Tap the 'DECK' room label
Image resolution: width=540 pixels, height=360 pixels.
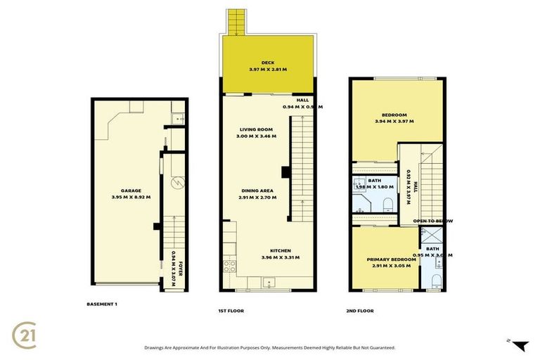(x=267, y=62)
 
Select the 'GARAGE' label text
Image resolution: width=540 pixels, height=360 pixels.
(x=131, y=191)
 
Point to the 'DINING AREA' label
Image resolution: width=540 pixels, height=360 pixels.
(x=255, y=191)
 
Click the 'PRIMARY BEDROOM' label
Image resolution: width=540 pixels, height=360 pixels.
(x=387, y=259)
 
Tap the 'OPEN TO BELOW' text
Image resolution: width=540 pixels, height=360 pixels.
(x=433, y=221)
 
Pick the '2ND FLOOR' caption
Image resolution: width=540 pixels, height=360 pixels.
(x=360, y=310)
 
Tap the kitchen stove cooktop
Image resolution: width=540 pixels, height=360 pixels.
(x=229, y=268)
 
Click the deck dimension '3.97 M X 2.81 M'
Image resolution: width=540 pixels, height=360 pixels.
(x=267, y=70)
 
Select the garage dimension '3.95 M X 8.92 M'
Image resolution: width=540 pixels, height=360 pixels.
(x=131, y=198)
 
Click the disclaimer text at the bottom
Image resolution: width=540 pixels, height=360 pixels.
(x=269, y=347)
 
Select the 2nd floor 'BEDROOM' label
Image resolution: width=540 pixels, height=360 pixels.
(x=394, y=115)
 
